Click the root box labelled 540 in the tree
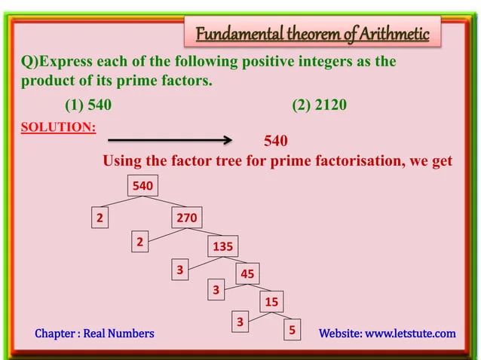[x=142, y=185]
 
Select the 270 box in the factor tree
[x=186, y=218]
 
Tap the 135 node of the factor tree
[x=222, y=246]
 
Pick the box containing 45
[x=247, y=274]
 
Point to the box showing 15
[x=271, y=302]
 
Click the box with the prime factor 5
[x=292, y=330]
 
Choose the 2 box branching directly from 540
[x=99, y=218]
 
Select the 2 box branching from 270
[x=139, y=242]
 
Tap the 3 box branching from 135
[x=179, y=269]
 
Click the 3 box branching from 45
[x=216, y=289]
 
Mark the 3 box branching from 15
[x=240, y=322]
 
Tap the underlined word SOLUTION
[x=59, y=127]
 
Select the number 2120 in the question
[x=330, y=105]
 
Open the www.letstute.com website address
[x=410, y=333]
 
